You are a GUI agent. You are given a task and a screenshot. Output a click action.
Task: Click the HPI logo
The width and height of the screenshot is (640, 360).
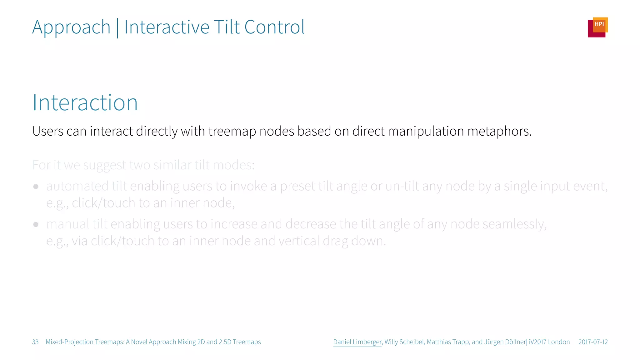597,27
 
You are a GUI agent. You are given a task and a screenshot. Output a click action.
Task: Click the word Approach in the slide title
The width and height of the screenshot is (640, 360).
71,27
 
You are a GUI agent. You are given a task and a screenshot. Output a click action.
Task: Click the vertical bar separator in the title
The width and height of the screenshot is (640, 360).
117,28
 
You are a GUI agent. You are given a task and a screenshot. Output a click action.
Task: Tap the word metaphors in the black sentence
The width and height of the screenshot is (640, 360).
499,132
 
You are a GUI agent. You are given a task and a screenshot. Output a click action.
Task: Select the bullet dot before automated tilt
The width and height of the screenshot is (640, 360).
36,187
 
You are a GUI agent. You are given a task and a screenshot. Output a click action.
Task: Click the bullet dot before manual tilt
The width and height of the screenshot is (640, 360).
36,224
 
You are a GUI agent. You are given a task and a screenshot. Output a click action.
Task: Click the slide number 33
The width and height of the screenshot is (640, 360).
35,342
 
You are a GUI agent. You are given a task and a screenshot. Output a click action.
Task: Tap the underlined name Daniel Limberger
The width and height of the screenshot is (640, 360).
357,342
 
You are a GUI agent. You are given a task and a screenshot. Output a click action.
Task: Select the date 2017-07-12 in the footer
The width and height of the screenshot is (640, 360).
593,342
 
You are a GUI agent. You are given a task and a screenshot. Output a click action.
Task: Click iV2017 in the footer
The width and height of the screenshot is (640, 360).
537,342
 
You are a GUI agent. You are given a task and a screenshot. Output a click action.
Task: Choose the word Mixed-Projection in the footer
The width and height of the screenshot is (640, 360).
69,342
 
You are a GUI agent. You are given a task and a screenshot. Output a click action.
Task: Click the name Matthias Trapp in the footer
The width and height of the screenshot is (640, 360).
448,342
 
